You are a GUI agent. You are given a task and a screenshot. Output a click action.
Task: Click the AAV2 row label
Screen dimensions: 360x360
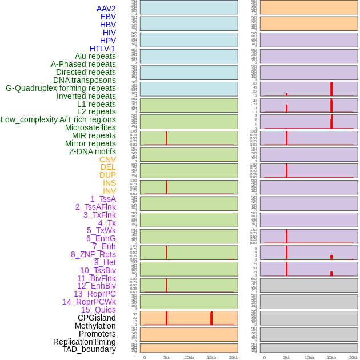coord(106,9)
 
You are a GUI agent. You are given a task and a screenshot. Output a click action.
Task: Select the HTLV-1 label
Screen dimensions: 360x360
coord(102,49)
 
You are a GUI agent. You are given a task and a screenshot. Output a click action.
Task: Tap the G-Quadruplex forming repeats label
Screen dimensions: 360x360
coord(61,88)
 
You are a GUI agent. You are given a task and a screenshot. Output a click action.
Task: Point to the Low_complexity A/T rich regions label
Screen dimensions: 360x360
coord(58,119)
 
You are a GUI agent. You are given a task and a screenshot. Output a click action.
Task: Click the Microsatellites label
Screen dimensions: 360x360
coord(90,127)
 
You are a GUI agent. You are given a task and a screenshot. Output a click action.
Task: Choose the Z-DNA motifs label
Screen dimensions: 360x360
coord(92,151)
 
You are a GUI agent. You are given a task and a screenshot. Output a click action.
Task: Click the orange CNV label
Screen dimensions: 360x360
coord(107,159)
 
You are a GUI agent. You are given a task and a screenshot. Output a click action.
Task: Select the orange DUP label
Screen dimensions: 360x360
coord(107,175)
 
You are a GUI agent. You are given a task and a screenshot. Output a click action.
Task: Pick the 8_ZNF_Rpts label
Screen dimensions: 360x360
coord(93,254)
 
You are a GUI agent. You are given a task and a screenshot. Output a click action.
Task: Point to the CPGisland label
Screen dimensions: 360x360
coord(97,318)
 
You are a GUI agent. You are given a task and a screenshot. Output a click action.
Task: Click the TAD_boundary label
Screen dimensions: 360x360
coord(89,349)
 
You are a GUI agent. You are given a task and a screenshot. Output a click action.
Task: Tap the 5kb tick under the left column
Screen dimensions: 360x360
coord(167,357)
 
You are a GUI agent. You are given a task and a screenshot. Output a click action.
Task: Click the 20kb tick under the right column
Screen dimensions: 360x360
coord(354,357)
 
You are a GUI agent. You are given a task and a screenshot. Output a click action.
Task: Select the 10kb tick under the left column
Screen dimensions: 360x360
coord(189,357)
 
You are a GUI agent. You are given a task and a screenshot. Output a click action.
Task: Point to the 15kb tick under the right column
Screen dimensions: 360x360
coord(331,357)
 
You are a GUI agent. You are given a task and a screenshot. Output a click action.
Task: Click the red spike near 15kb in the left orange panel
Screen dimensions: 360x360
coord(211,318)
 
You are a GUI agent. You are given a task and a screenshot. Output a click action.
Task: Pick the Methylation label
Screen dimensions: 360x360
coord(95,326)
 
